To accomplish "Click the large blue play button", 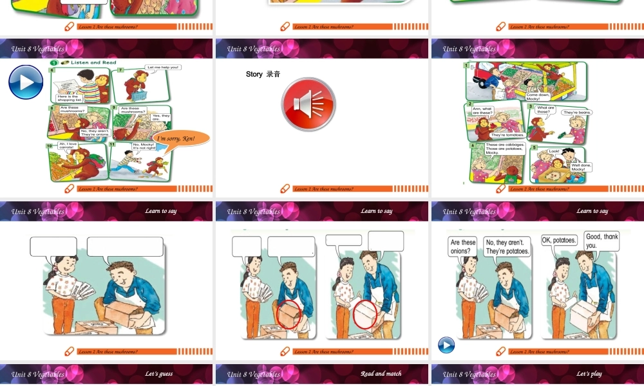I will [26, 82].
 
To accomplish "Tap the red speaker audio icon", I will [308, 104].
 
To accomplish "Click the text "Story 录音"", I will [263, 75].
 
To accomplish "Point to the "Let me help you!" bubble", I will [163, 67].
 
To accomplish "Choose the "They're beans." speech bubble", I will [576, 113].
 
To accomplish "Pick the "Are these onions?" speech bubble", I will [463, 246].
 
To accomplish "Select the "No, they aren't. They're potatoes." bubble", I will [507, 246].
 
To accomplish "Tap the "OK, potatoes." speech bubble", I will [559, 240].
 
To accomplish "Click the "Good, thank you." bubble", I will [601, 241].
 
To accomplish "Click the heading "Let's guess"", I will [158, 374].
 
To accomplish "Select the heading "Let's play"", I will [589, 374].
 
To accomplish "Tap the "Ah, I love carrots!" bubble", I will [67, 145].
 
